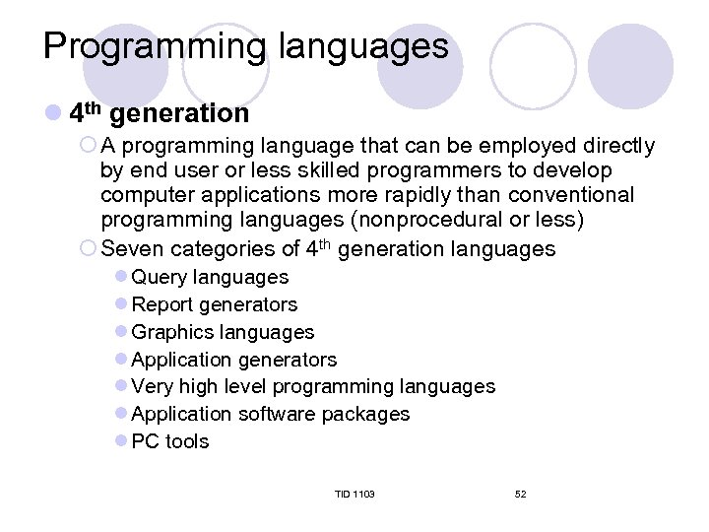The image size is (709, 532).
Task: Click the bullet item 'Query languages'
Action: (x=209, y=278)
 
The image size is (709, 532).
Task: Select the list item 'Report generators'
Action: (x=214, y=305)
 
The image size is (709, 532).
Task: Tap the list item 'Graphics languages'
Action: (x=222, y=333)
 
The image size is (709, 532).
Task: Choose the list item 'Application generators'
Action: (x=233, y=361)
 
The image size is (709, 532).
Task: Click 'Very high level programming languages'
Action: (x=312, y=387)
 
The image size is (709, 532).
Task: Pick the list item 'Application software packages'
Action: (x=270, y=415)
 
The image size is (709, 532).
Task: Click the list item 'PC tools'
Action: (x=169, y=442)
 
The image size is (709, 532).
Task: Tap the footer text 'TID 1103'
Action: (x=354, y=494)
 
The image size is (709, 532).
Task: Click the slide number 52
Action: (x=520, y=494)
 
